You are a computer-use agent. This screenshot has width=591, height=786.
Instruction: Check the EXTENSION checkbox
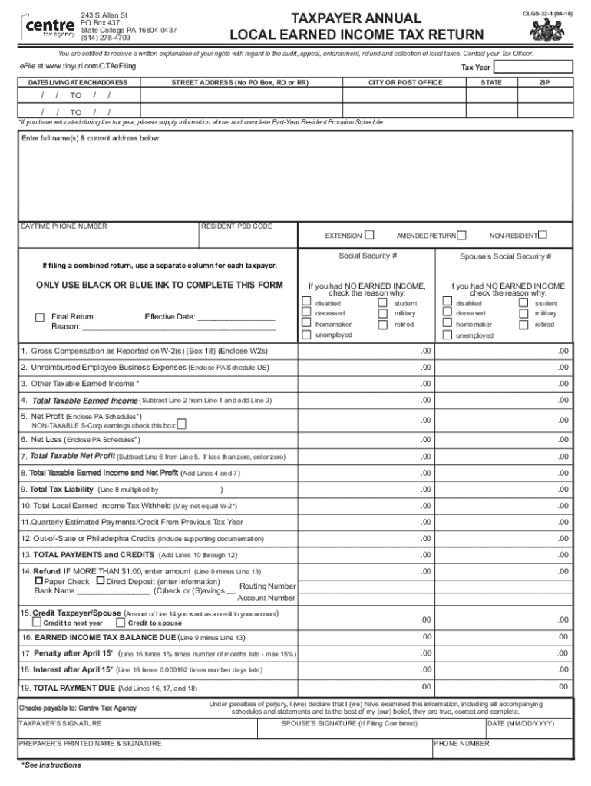[x=370, y=235]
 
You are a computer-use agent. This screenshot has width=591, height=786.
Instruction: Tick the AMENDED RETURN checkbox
[x=463, y=235]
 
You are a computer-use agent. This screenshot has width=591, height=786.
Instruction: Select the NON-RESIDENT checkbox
[x=543, y=235]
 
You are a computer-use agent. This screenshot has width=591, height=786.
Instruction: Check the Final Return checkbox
[x=40, y=317]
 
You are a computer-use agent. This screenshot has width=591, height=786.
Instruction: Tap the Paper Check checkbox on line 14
[x=39, y=582]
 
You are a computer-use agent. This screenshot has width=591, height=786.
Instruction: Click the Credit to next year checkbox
[x=37, y=623]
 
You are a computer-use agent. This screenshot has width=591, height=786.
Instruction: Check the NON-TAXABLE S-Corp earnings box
[x=182, y=424]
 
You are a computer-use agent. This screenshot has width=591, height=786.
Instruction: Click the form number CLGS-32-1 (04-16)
[x=546, y=14]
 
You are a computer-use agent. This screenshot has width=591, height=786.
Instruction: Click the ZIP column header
[x=543, y=82]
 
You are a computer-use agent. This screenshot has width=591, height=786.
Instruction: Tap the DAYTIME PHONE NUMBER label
[x=64, y=226]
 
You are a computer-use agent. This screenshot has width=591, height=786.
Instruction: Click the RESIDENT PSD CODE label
[x=236, y=226]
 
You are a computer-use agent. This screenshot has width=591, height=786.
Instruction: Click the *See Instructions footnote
[x=51, y=765]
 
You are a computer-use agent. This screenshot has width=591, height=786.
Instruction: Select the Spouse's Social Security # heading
[x=505, y=256]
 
